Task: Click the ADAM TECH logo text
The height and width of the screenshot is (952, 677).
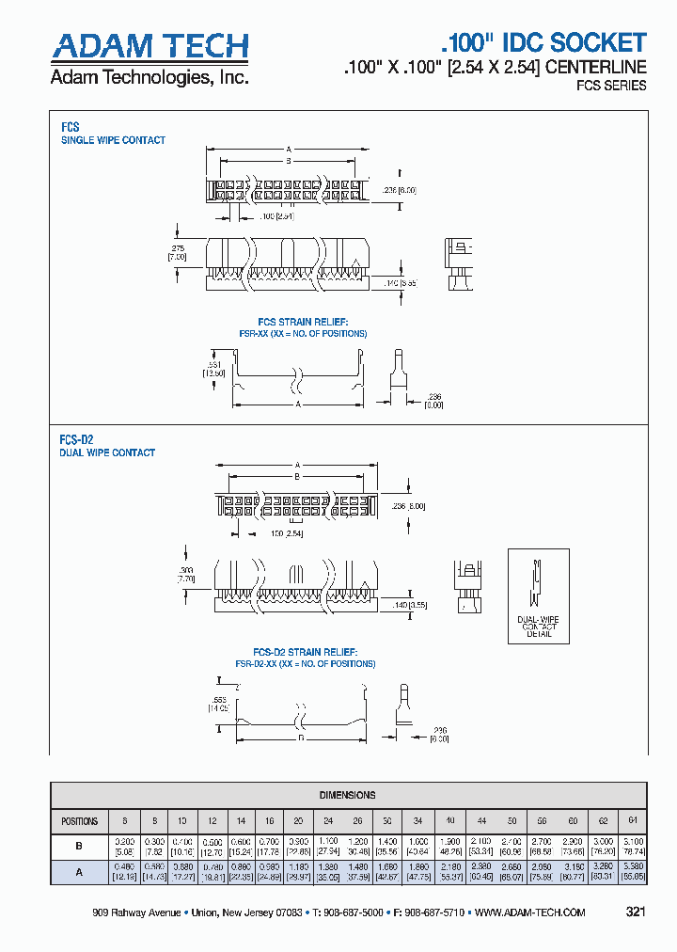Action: [x=150, y=46]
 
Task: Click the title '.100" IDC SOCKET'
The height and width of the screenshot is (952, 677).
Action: [x=543, y=42]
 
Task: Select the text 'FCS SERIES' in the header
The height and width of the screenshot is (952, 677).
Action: [x=610, y=86]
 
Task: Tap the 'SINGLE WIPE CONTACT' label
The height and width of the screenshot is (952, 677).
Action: [x=113, y=140]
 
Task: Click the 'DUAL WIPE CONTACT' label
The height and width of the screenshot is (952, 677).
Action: [x=107, y=452]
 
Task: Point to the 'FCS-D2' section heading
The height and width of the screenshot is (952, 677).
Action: [x=76, y=439]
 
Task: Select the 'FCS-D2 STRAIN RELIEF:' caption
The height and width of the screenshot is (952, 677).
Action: [x=305, y=652]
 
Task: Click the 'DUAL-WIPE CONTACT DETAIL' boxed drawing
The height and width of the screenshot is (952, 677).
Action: [x=540, y=596]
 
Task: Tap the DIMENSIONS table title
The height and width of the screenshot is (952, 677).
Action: [x=347, y=795]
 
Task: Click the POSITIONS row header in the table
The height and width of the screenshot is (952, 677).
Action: [x=79, y=820]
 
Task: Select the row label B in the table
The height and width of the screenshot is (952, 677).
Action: [x=79, y=847]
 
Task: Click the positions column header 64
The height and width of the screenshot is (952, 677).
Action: [x=633, y=820]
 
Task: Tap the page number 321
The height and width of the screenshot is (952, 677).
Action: [x=635, y=912]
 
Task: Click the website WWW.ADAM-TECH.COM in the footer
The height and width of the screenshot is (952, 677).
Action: [x=530, y=912]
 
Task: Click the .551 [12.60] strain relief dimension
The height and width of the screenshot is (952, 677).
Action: [x=214, y=368]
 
